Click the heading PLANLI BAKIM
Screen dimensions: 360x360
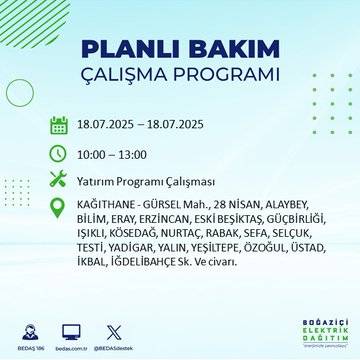tap(180, 52)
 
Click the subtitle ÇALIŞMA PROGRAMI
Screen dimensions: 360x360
tap(180, 77)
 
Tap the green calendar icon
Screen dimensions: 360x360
tap(59, 125)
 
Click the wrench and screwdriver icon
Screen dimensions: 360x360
tap(59, 180)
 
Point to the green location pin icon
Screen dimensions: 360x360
tap(59, 208)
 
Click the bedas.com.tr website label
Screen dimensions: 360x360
tap(70, 349)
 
